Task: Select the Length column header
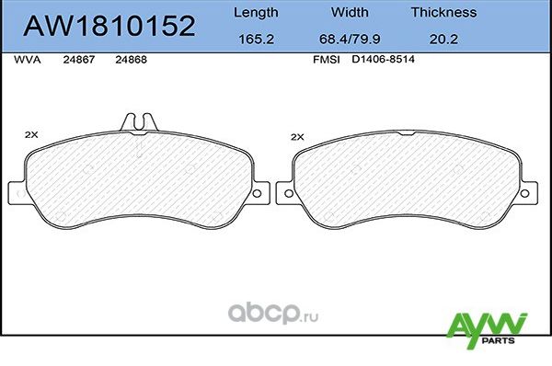255,13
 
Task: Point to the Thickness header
443,13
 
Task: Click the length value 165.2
255,40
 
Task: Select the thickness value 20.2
443,40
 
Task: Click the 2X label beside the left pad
31,135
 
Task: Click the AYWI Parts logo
485,329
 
